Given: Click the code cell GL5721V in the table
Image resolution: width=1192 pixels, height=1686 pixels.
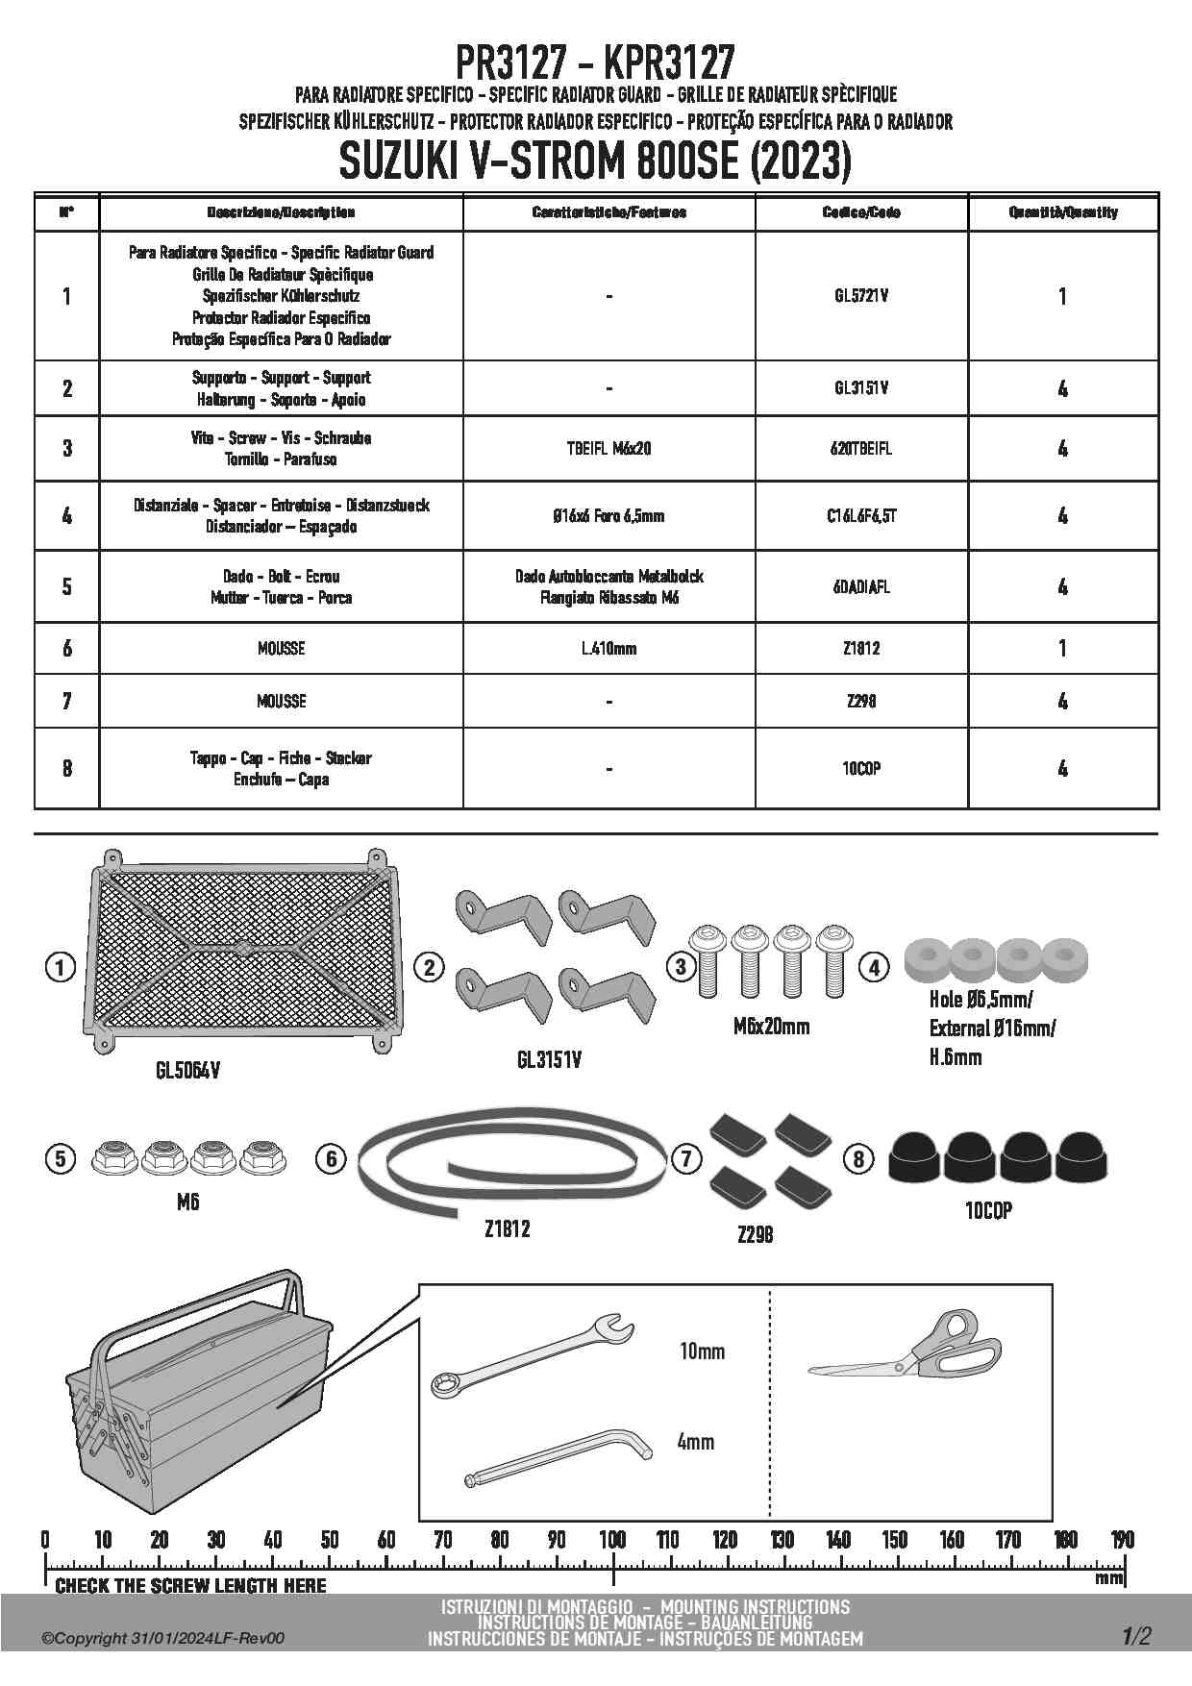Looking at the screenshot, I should pos(861,296).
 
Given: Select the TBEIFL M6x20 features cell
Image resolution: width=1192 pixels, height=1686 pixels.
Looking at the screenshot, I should pos(608,448).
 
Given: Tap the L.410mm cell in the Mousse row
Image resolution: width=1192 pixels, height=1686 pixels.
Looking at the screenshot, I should pos(608,649).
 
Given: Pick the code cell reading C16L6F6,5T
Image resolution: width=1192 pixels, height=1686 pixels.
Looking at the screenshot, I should pos(861,516).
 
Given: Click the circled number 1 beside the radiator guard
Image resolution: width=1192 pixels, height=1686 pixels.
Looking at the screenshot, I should pos(60,967).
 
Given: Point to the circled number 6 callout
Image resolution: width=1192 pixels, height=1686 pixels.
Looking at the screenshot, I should pos(332,1158).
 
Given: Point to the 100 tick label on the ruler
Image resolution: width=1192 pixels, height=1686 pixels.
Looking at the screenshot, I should pos(612,1539).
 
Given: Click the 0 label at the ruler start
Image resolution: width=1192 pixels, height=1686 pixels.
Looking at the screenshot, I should pos(45,1539).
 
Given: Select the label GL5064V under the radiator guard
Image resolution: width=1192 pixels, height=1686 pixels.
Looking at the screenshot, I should pos(187,1069).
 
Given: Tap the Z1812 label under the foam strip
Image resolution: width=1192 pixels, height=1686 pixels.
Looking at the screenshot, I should pos(507,1229).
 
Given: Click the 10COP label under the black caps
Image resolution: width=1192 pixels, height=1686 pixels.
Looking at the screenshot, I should pos(988,1211).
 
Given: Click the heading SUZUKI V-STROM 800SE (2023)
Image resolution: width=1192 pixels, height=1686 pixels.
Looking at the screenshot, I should pos(595,161).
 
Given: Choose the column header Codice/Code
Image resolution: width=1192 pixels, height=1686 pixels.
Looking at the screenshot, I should pos(861,212).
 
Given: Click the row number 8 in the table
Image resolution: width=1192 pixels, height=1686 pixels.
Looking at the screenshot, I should pos(66,768).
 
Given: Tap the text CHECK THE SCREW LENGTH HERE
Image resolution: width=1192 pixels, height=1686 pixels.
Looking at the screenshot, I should pos(190,1586).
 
